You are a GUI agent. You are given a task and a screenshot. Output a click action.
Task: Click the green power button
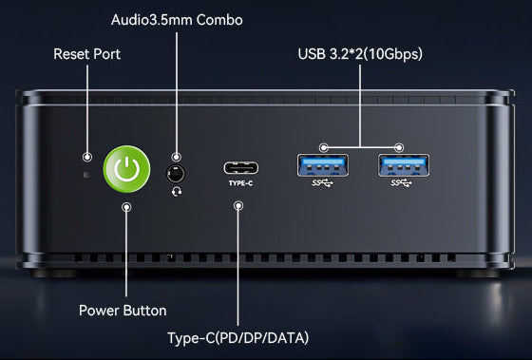pos(126,169)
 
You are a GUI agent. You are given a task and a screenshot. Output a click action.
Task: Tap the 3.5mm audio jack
pos(176,174)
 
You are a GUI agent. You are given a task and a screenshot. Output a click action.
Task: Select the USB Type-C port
pos(240,168)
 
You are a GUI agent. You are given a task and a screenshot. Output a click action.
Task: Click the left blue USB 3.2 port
pos(323,165)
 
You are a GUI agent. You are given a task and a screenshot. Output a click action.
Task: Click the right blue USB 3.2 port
pos(404,165)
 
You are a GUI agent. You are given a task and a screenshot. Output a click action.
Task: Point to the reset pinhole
pos(86,175)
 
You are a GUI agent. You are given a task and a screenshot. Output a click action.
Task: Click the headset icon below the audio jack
pos(177,192)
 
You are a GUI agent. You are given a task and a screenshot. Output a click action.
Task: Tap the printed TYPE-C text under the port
pos(240,183)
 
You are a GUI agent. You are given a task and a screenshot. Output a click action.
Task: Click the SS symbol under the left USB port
pos(322,183)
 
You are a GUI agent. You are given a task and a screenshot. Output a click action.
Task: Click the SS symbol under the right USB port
pos(401,183)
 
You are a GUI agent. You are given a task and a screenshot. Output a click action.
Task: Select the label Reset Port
pos(86,54)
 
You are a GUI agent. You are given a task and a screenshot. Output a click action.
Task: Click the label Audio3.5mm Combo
pos(177,20)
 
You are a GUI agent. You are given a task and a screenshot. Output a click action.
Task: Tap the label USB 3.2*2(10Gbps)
pos(360,54)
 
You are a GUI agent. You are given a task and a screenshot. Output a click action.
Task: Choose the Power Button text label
pos(123,311)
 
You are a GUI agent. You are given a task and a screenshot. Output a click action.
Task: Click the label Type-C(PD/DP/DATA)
pos(238,338)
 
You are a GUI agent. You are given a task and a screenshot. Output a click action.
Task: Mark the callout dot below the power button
pos(126,207)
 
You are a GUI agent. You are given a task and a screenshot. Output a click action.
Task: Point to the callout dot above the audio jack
pos(176,157)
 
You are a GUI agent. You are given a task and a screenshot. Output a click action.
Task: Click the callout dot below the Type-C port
pos(238,205)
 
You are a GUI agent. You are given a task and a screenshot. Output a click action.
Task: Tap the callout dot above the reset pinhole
pos(87,157)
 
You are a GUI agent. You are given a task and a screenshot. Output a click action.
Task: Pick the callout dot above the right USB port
pos(399,147)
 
